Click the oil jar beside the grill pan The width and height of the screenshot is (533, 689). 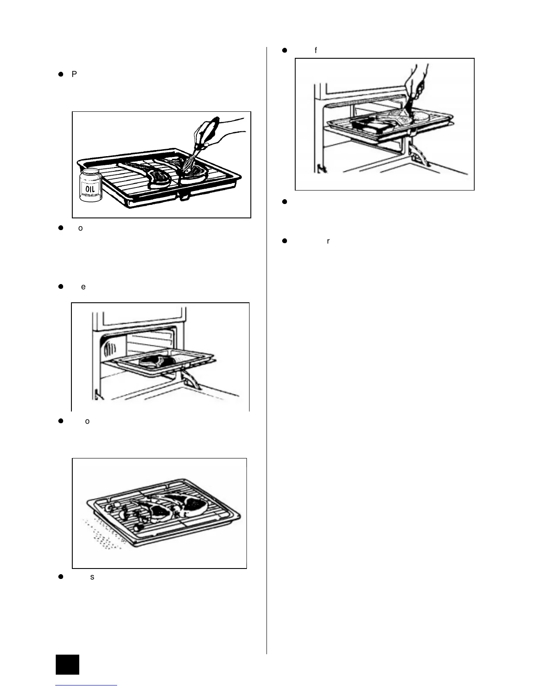(x=91, y=185)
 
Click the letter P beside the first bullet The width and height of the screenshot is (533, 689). (x=74, y=74)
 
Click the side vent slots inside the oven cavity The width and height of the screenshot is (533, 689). (x=110, y=348)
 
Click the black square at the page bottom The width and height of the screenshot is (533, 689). (x=67, y=664)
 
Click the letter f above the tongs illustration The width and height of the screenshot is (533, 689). (x=316, y=50)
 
